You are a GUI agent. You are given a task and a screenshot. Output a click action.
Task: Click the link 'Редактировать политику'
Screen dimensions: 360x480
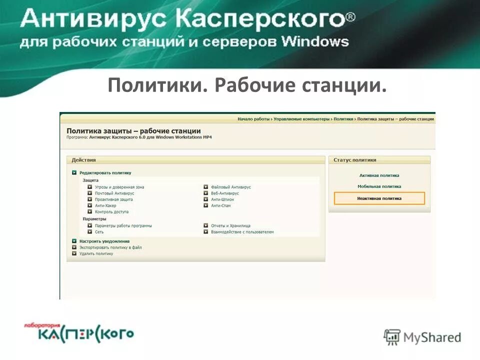pos(105,172)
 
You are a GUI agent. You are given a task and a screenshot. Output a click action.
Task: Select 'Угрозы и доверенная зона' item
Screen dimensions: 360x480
pos(119,187)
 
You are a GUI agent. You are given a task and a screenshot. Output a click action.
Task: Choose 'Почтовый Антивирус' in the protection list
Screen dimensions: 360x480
pos(114,193)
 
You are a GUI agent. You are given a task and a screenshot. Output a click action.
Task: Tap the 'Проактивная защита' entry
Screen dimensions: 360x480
pos(113,199)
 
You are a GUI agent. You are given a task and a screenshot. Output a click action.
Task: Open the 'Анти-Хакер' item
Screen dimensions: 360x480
pos(105,205)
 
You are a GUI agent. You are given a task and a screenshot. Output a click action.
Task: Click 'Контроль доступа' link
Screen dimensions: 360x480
pos(111,212)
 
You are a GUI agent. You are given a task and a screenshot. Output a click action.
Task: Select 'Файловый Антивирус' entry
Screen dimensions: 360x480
pos(230,187)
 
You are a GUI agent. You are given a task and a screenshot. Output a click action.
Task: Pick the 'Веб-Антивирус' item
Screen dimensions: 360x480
pos(224,193)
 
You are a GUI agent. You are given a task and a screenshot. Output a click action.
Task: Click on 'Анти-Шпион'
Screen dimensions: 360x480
pos(222,199)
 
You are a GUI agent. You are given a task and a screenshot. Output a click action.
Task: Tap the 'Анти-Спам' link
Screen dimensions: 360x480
pos(220,205)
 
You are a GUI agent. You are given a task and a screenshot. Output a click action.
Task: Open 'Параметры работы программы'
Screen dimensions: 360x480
pos(123,225)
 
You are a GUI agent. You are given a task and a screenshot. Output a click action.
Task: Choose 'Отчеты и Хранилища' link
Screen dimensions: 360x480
pos(230,225)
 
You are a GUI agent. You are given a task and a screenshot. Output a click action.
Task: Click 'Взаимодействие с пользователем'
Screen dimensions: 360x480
pos(242,232)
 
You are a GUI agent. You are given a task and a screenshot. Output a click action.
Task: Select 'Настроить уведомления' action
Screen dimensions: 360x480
pos(104,241)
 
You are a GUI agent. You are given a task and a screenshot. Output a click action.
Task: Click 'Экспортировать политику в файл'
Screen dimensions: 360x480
pos(110,247)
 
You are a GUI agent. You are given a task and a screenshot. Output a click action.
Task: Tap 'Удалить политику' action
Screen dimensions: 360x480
pos(96,253)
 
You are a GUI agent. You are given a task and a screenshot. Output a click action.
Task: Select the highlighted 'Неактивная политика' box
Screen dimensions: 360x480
pos(379,198)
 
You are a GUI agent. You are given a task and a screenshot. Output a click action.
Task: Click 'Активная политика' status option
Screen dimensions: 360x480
pos(379,175)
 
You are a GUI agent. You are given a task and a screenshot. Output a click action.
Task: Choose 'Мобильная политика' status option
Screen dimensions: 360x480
pos(379,186)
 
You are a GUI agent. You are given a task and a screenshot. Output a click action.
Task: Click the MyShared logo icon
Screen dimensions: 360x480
pos(392,337)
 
